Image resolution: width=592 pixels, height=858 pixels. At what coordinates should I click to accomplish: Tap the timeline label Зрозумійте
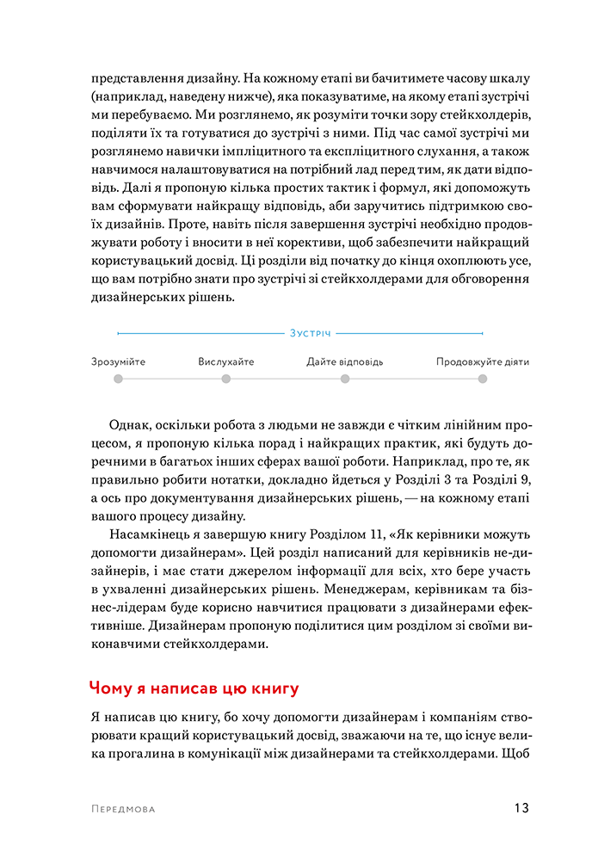pyautogui.click(x=118, y=361)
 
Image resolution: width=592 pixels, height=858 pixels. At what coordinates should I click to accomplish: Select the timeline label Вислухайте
pyautogui.click(x=226, y=361)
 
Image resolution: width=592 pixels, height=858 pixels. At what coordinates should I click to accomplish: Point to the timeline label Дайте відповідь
pyautogui.click(x=345, y=361)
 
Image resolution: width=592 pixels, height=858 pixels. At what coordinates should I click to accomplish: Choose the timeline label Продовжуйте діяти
pyautogui.click(x=482, y=361)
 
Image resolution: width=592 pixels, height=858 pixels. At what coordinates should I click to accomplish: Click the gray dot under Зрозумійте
pyautogui.click(x=118, y=379)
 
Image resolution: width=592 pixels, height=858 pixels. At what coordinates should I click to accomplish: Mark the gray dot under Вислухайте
pyautogui.click(x=226, y=379)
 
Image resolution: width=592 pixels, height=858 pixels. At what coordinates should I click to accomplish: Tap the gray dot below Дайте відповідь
pyautogui.click(x=345, y=379)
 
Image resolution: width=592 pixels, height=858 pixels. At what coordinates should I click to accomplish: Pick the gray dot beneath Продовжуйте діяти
pyautogui.click(x=483, y=379)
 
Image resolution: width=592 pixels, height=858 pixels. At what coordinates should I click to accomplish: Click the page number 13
pyautogui.click(x=521, y=808)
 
